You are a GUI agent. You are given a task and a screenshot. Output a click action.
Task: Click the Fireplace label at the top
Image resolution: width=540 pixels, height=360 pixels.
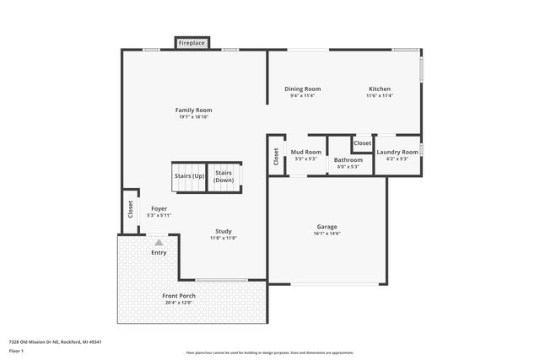pos(192,43)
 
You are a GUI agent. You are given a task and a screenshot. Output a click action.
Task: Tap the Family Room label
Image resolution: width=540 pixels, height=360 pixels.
pos(193,110)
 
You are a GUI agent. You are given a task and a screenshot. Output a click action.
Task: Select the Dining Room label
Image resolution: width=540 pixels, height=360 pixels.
pos(302,89)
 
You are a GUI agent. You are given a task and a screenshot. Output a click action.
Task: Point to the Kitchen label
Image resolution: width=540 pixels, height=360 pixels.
pos(379,89)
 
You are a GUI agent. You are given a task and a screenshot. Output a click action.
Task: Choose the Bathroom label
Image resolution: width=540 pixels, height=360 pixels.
pos(348,159)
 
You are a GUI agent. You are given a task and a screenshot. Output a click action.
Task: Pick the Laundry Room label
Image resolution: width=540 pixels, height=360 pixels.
pos(397,153)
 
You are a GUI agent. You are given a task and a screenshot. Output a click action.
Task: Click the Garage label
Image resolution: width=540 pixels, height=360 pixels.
pos(327,227)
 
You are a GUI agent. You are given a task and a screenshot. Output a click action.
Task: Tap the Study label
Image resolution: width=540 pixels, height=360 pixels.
pos(223,231)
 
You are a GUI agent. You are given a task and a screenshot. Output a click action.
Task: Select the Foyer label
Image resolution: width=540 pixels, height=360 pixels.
pos(159,208)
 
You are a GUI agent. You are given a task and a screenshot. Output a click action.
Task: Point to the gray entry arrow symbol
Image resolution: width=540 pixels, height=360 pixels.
pos(159,242)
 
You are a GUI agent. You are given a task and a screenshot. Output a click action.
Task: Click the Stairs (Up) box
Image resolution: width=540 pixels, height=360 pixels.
pos(189,176)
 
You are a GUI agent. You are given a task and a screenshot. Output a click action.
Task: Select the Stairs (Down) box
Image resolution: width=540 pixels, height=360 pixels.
pos(224,176)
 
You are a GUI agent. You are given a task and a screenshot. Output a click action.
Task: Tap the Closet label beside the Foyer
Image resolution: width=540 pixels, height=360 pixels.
pos(131,209)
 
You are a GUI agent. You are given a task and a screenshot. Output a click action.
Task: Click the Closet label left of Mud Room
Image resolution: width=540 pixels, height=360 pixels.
pos(276,157)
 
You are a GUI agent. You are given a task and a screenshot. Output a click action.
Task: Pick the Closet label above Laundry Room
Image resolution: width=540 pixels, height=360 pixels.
pos(362,143)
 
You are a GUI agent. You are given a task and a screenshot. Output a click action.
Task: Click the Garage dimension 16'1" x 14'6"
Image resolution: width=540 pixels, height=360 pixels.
pos(327,234)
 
